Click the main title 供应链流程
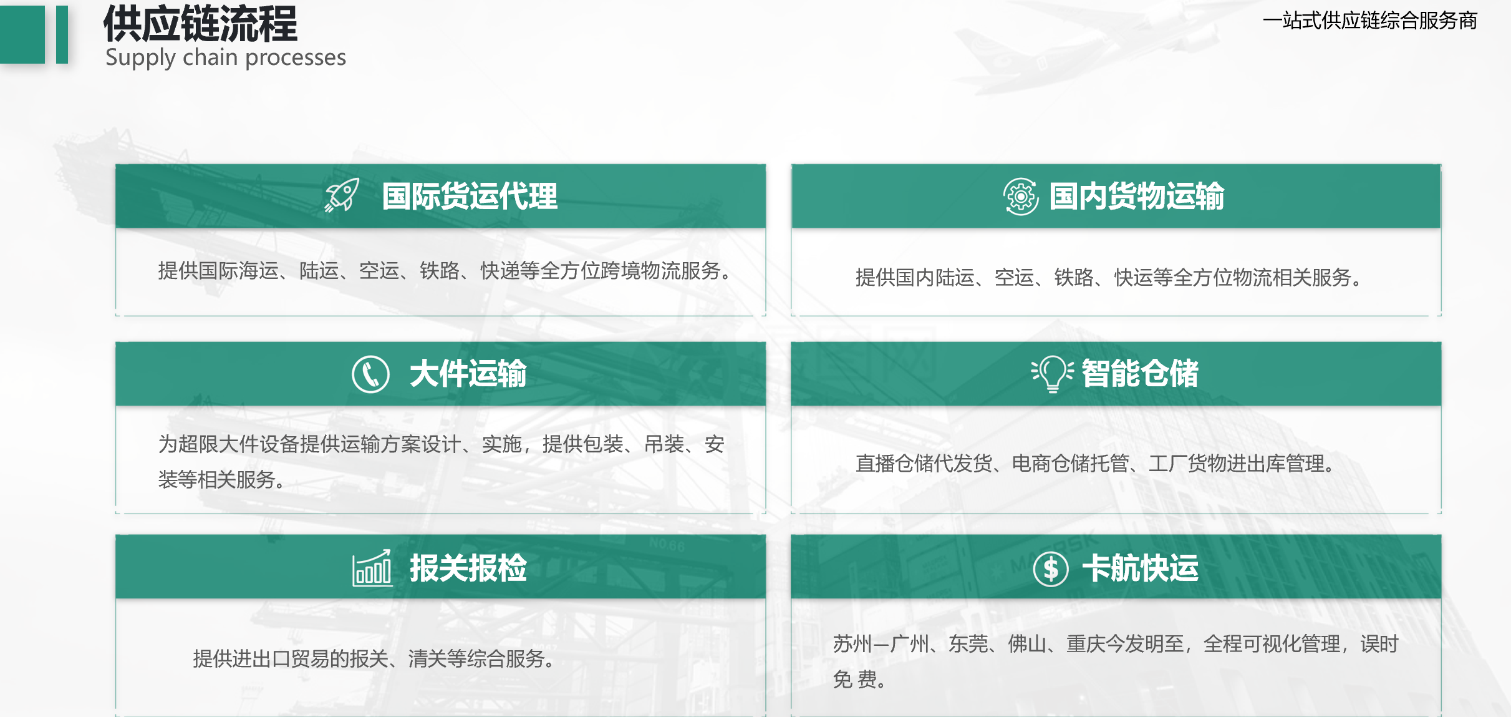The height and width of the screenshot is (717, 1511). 200,23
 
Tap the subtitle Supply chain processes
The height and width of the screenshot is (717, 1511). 226,57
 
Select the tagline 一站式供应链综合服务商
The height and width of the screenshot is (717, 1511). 1370,21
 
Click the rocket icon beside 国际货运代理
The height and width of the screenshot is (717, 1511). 342,195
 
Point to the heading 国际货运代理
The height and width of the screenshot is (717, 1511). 470,196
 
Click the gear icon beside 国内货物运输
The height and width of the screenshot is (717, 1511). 1021,197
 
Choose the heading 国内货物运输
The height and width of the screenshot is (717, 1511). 1137,196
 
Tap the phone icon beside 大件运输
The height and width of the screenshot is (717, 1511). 370,374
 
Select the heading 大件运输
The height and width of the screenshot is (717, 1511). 468,374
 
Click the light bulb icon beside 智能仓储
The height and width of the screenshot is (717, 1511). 1052,374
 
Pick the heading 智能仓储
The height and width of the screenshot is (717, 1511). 1140,374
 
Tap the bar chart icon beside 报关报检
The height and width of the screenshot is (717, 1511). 372,568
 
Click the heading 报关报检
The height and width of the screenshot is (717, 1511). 468,568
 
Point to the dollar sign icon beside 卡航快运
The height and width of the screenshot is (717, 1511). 1051,569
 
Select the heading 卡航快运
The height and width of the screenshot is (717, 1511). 1140,568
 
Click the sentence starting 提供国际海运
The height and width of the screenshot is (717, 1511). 445,271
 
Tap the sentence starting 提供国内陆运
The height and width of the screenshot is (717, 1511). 1108,277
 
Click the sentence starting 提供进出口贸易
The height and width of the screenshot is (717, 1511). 374,658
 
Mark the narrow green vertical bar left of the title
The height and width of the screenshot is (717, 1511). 62,34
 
